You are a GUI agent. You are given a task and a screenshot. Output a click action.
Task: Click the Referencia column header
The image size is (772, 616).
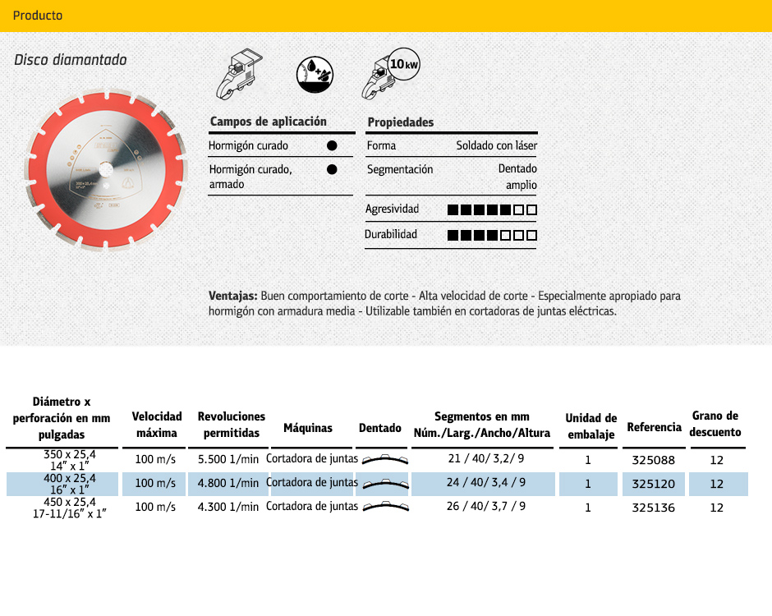[x=654, y=427]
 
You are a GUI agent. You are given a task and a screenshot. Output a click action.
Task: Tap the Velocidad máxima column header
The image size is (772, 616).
[x=157, y=425]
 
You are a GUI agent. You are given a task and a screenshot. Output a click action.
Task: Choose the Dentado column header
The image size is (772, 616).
[x=380, y=428]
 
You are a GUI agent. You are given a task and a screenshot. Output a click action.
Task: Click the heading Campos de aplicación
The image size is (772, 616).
[x=269, y=122]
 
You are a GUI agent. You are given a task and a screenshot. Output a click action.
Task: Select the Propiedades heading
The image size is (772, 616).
[x=400, y=122]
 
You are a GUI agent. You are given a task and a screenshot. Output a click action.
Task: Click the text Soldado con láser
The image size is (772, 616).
[x=497, y=146]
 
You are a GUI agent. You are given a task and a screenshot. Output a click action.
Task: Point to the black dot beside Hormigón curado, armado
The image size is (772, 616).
[x=332, y=170]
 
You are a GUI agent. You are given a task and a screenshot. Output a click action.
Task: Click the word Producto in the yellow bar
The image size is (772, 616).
[x=38, y=16]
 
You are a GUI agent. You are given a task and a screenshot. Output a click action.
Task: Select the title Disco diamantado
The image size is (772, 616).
[x=71, y=60]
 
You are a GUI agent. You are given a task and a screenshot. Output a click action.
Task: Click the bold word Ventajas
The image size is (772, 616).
[x=233, y=296]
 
